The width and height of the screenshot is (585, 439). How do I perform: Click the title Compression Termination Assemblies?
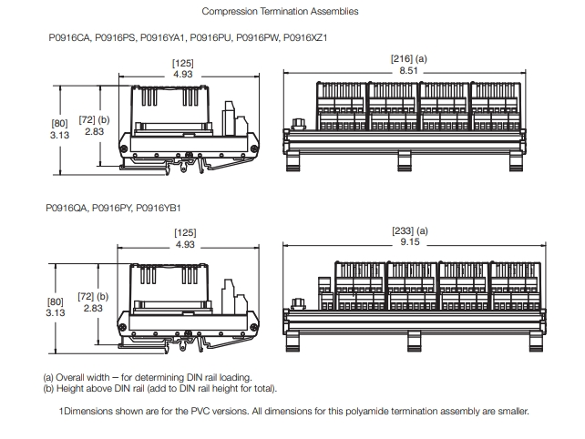click(279, 12)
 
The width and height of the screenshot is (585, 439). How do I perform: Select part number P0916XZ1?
click(306, 39)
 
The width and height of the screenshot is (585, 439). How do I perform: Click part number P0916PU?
click(212, 39)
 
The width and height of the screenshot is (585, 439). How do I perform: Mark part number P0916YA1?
click(164, 39)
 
